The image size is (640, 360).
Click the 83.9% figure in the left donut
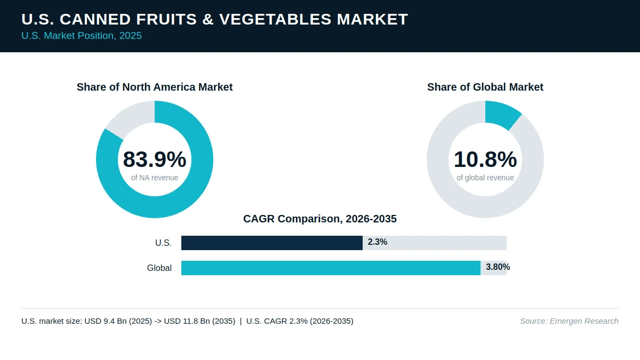(155, 159)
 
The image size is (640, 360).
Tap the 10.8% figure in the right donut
(485, 159)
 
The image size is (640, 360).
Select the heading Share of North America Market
(155, 87)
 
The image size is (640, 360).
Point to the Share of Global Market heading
(485, 87)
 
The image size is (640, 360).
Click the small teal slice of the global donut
(502, 114)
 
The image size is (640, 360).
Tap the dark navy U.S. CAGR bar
(272, 243)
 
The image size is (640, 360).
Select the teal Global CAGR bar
(331, 268)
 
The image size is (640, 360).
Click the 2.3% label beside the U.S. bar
(378, 242)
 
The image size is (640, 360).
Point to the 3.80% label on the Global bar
(498, 267)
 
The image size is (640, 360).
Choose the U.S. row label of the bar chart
(163, 243)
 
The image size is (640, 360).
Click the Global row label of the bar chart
(159, 268)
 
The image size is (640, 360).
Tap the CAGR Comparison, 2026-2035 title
(320, 219)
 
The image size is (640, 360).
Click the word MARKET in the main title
(372, 19)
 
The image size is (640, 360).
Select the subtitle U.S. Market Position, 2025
(82, 36)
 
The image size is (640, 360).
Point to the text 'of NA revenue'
(155, 178)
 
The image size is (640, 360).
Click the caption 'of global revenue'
(485, 178)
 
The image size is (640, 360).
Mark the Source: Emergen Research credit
(569, 321)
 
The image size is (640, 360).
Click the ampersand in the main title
(208, 19)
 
